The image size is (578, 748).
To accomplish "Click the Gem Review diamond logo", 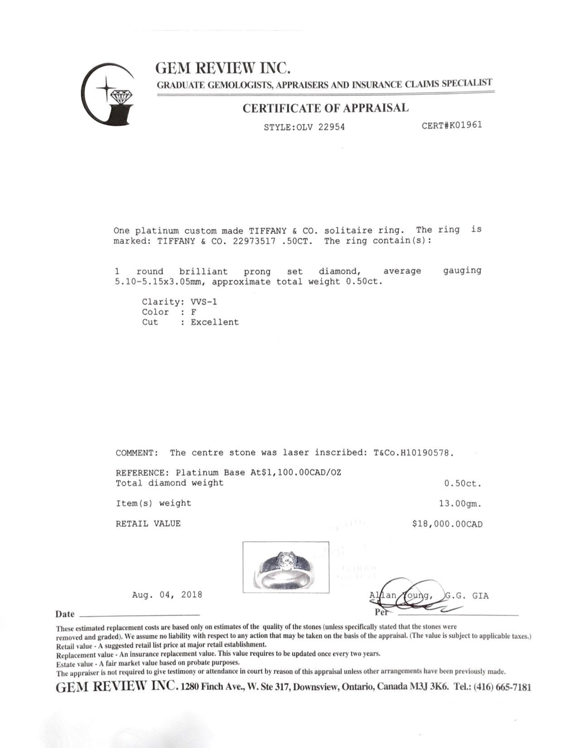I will (x=109, y=94).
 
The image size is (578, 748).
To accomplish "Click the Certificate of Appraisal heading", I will (x=325, y=108).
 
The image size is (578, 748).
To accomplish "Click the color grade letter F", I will (x=194, y=312).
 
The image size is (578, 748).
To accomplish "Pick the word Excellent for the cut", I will (x=214, y=322).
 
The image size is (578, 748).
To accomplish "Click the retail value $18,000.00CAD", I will (x=447, y=524).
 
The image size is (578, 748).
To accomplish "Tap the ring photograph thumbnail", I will (x=286, y=567).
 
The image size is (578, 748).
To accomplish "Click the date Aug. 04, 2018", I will (x=167, y=594).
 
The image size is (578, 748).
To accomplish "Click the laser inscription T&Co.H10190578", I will (x=413, y=452).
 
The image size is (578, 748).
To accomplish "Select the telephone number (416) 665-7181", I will (x=502, y=687).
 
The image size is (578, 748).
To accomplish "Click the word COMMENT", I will (x=136, y=452).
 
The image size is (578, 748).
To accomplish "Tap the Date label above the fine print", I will (x=65, y=614).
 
